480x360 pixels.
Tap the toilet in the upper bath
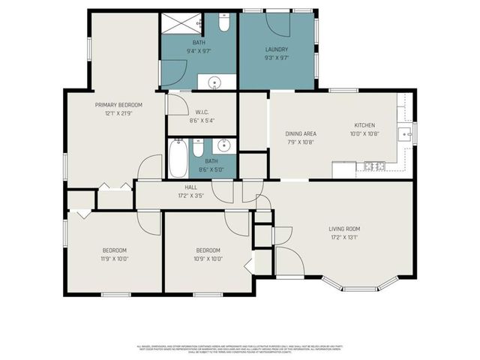pyautogui.click(x=224, y=23)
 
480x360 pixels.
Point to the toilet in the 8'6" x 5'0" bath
pyautogui.click(x=198, y=148)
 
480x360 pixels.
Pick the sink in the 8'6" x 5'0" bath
pyautogui.click(x=223, y=145)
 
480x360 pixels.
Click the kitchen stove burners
pyautogui.click(x=370, y=165)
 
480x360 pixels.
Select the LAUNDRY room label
pyautogui.click(x=277, y=49)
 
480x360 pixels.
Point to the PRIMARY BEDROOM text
pyautogui.click(x=118, y=105)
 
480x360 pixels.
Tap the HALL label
pyautogui.click(x=191, y=187)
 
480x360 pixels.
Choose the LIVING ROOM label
pyautogui.click(x=344, y=229)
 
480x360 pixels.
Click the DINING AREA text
pyautogui.click(x=300, y=133)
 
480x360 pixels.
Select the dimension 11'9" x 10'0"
pyautogui.click(x=115, y=259)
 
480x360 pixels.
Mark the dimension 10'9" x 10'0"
pyautogui.click(x=208, y=259)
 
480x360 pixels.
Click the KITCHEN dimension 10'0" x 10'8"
pyautogui.click(x=364, y=133)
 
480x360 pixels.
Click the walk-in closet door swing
pyautogui.click(x=178, y=103)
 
